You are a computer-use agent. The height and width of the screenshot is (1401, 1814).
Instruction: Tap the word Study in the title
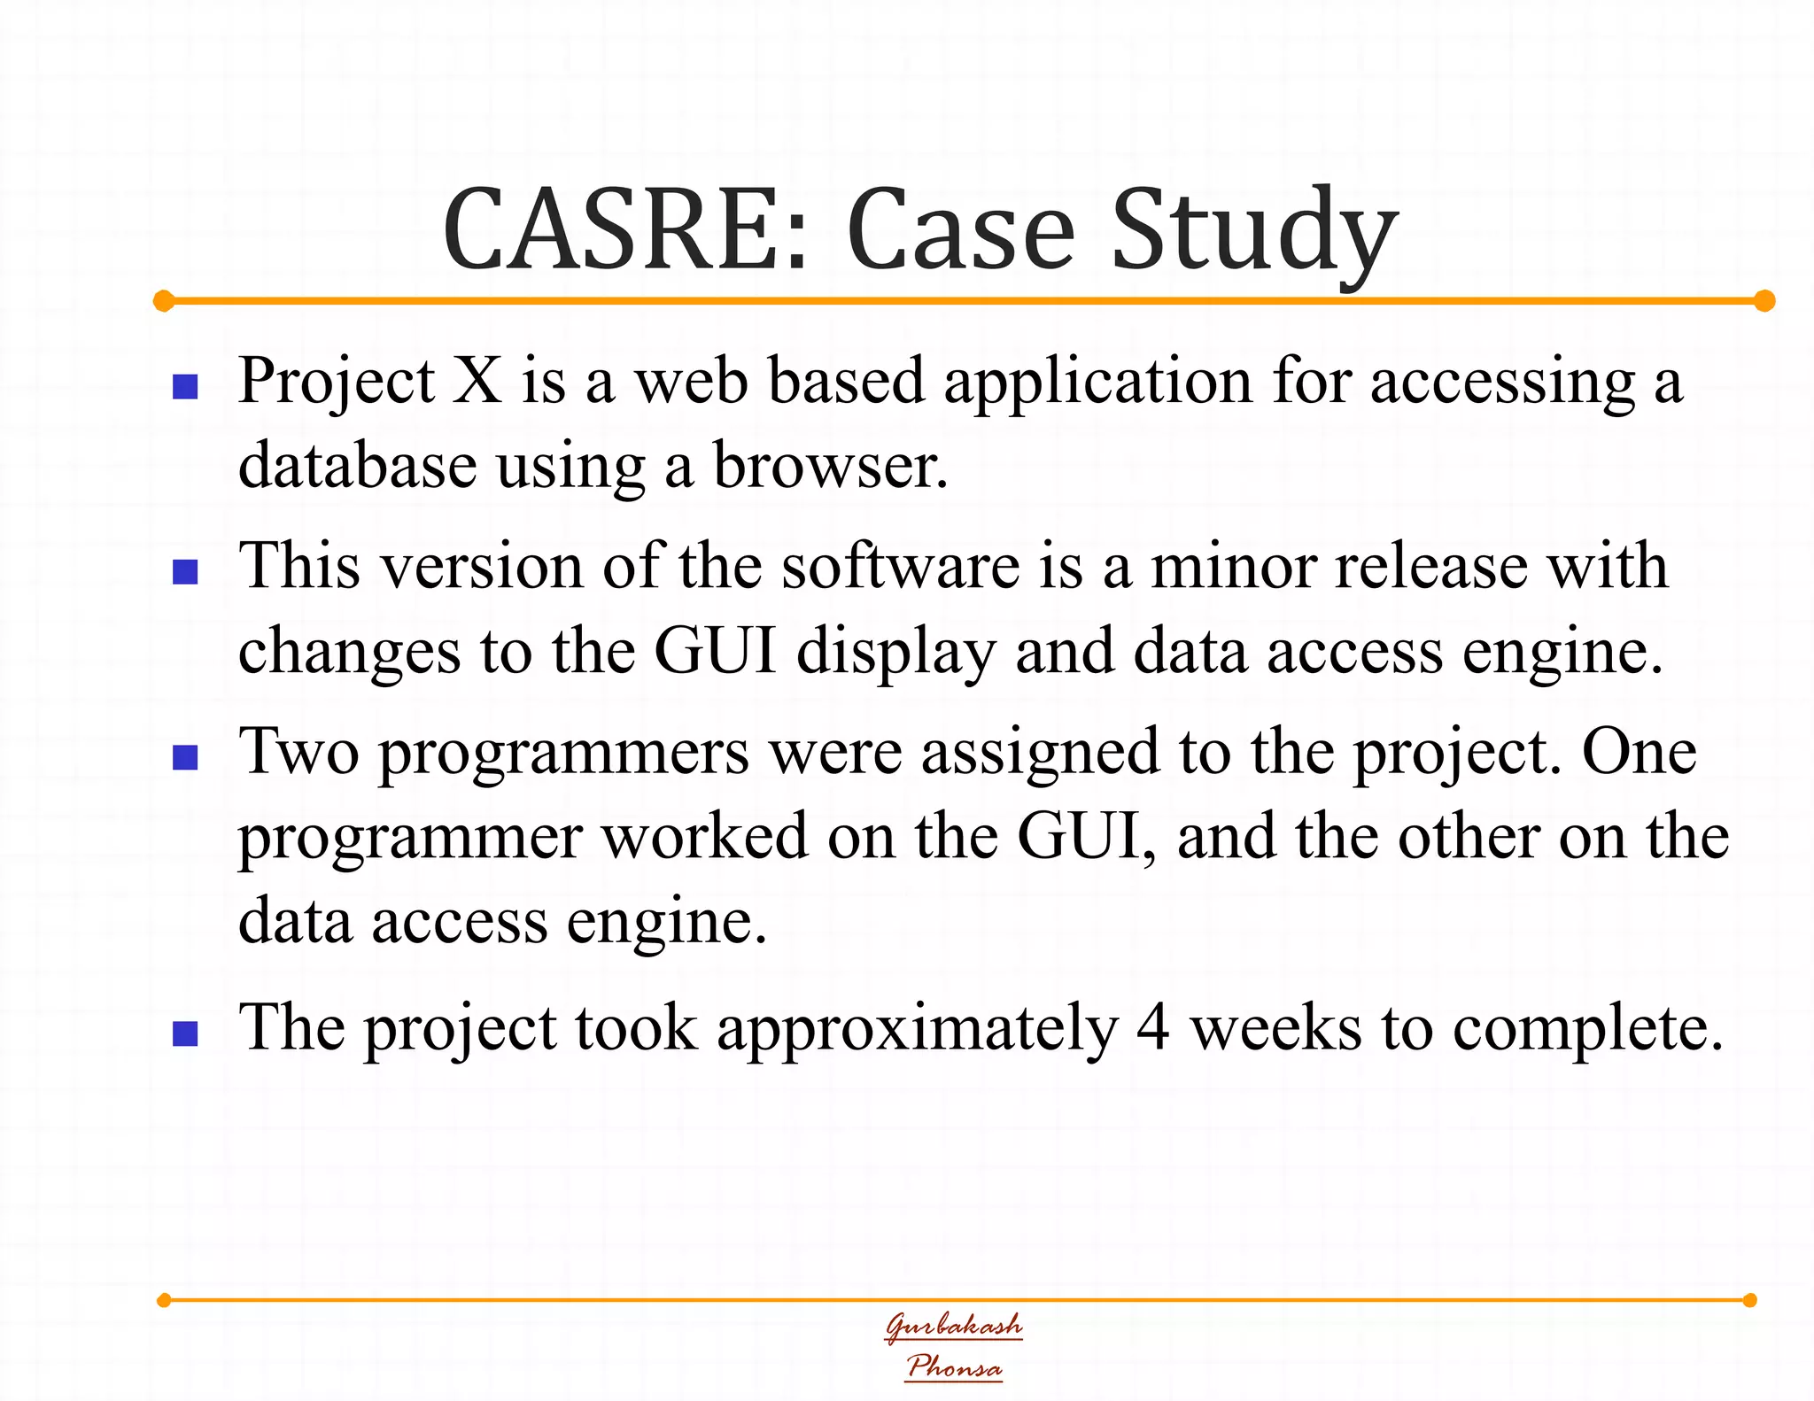coord(1253,232)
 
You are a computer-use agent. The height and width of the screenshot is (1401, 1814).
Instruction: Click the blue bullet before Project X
coord(185,387)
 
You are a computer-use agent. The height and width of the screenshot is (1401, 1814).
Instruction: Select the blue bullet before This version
coord(185,572)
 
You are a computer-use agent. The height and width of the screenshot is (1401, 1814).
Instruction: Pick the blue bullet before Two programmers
coord(185,758)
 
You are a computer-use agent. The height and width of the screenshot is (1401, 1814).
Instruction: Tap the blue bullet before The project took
coord(185,1033)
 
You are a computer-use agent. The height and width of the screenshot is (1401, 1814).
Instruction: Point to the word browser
coord(830,465)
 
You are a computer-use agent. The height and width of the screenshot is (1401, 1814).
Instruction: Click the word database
coord(357,465)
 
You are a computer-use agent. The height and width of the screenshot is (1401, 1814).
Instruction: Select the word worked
coord(704,836)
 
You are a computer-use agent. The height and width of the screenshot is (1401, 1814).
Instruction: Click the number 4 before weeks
coord(1153,1028)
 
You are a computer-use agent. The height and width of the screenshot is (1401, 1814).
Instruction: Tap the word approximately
coord(917,1030)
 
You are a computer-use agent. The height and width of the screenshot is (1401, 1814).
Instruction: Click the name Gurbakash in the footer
coord(954,1326)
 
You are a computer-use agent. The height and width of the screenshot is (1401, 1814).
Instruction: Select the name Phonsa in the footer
coord(954,1366)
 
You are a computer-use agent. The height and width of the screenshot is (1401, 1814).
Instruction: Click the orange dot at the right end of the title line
coord(1764,301)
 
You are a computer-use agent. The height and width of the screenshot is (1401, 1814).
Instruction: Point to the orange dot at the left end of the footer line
coord(164,1300)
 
